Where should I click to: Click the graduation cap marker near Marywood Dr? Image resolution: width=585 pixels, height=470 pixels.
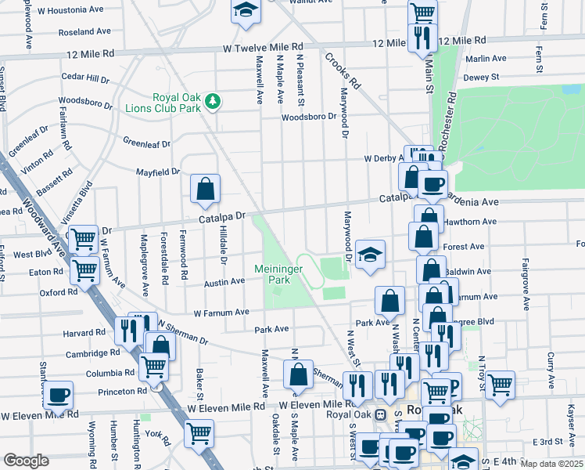[x=371, y=255]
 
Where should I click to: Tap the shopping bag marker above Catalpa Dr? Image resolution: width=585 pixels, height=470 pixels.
[x=205, y=190]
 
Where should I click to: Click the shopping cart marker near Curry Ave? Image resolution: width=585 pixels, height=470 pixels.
[x=500, y=384]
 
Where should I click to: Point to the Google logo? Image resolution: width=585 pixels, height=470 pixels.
[x=26, y=460]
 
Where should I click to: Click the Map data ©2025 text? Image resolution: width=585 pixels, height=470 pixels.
[x=552, y=464]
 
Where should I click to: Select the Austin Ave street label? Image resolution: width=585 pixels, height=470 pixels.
[x=224, y=282]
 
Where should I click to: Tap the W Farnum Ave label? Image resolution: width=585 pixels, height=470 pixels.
[x=221, y=312]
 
